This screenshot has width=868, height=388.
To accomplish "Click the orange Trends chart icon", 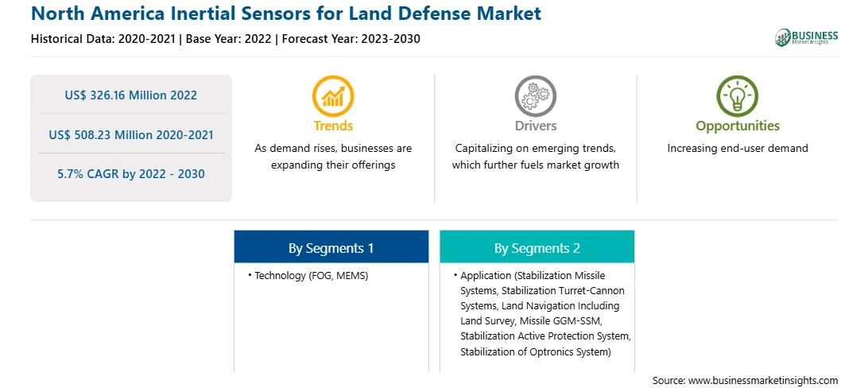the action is [x=333, y=95].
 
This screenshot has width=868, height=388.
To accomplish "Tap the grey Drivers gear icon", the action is [x=535, y=95].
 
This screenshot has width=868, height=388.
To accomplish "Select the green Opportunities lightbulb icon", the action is [x=738, y=95].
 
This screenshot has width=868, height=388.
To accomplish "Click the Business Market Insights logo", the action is [x=807, y=37].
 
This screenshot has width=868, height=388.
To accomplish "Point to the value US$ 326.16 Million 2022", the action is [x=130, y=95].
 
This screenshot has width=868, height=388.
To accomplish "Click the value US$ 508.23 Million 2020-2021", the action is [x=130, y=134].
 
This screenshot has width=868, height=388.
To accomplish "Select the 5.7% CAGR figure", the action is [x=130, y=174].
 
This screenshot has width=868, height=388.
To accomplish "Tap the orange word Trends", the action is [x=333, y=126].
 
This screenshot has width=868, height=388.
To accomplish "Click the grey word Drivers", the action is [x=535, y=126].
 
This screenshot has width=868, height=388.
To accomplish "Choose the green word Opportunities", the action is [x=738, y=126].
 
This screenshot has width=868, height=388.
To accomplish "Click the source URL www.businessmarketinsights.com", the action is [x=763, y=380].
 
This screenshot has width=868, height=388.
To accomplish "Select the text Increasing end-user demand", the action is [x=738, y=149].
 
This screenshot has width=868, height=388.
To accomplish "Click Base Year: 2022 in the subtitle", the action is [x=229, y=39].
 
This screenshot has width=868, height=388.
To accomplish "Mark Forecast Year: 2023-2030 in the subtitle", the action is [x=351, y=39].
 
